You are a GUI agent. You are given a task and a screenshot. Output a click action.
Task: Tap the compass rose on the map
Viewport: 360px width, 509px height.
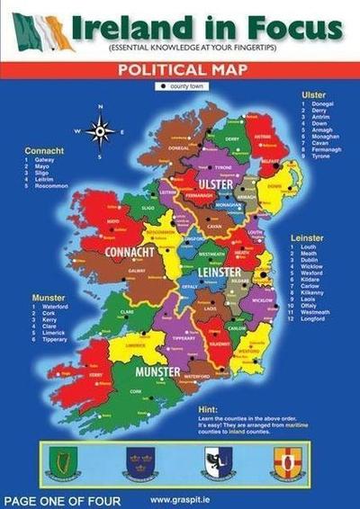[x=100, y=133]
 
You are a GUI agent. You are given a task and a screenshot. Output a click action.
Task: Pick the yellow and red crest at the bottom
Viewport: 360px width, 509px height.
[x=285, y=463]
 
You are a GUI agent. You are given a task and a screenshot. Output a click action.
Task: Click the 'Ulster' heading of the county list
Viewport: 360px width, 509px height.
[x=312, y=94]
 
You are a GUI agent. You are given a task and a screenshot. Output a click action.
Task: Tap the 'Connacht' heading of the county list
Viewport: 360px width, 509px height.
[x=44, y=150]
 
